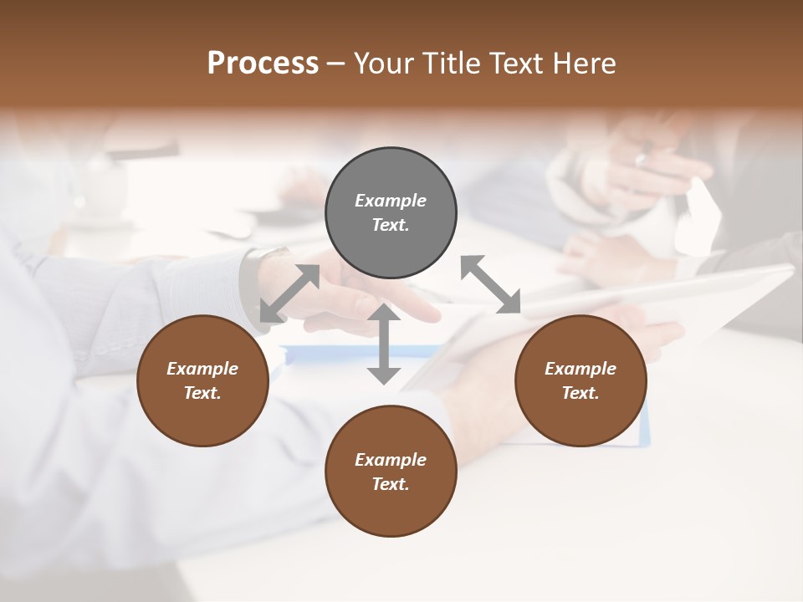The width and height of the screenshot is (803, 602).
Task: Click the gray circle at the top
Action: [x=391, y=213]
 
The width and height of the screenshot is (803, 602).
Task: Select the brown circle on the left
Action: [x=202, y=380]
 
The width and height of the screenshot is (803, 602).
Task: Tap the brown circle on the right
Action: [x=581, y=380]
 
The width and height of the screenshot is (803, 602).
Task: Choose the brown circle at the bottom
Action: [x=391, y=472]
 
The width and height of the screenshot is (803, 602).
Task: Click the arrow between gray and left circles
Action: [x=289, y=293]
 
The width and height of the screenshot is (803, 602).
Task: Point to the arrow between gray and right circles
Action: [x=490, y=284]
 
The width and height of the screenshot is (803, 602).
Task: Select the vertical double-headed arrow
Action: [x=384, y=344]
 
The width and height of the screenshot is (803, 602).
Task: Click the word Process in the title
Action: [x=263, y=63]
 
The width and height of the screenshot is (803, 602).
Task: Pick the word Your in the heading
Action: [x=386, y=63]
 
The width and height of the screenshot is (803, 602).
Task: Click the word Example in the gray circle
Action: [x=391, y=201]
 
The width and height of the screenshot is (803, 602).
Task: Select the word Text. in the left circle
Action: [x=202, y=393]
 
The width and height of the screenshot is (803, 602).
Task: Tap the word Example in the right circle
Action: [x=581, y=369]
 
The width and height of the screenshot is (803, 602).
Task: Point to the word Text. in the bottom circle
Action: [x=391, y=484]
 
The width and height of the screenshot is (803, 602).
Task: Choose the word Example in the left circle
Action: [x=202, y=369]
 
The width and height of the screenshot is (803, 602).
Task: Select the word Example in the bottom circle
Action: [x=391, y=460]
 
